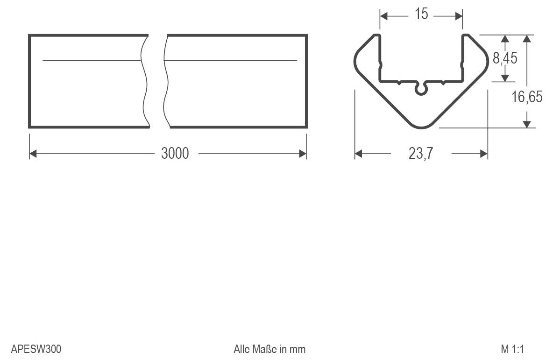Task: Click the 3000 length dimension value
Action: tap(175, 153)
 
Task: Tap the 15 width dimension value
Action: tap(421, 14)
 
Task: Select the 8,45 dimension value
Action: tap(505, 58)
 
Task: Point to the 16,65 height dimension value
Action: tap(527, 97)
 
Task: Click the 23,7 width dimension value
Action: tap(421, 154)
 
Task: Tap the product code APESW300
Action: tap(36, 349)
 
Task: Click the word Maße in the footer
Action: tap(266, 349)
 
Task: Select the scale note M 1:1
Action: tap(513, 349)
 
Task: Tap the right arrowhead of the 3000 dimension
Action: tap(303, 153)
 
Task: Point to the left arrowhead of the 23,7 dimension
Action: tap(358, 154)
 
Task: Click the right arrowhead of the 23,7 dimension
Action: tap(484, 154)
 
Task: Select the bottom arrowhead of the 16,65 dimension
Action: tap(527, 123)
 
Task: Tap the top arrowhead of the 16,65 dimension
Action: tap(527, 38)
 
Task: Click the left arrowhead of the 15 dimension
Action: tap(383, 16)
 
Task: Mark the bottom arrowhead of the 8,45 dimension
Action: tap(505, 78)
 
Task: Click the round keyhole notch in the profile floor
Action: tap(421, 88)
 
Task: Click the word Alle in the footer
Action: tap(241, 349)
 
